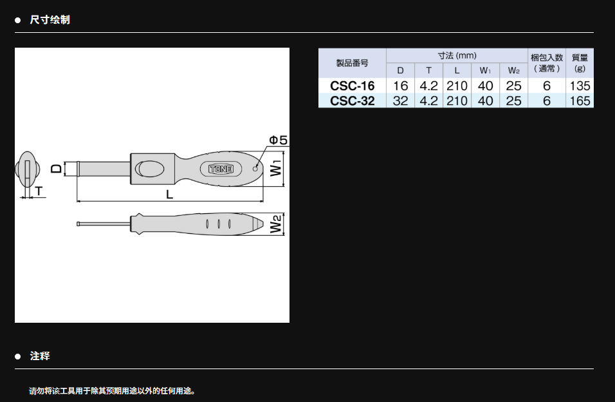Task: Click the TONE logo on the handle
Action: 221,169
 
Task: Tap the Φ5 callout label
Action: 278,140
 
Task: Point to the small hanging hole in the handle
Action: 255,169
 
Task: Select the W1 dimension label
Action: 276,168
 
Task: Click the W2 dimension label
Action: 276,224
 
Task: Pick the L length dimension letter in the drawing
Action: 169,194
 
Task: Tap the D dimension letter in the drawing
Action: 57,169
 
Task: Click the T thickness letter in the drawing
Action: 39,191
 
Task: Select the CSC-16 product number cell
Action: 353,86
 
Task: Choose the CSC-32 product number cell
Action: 353,100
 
